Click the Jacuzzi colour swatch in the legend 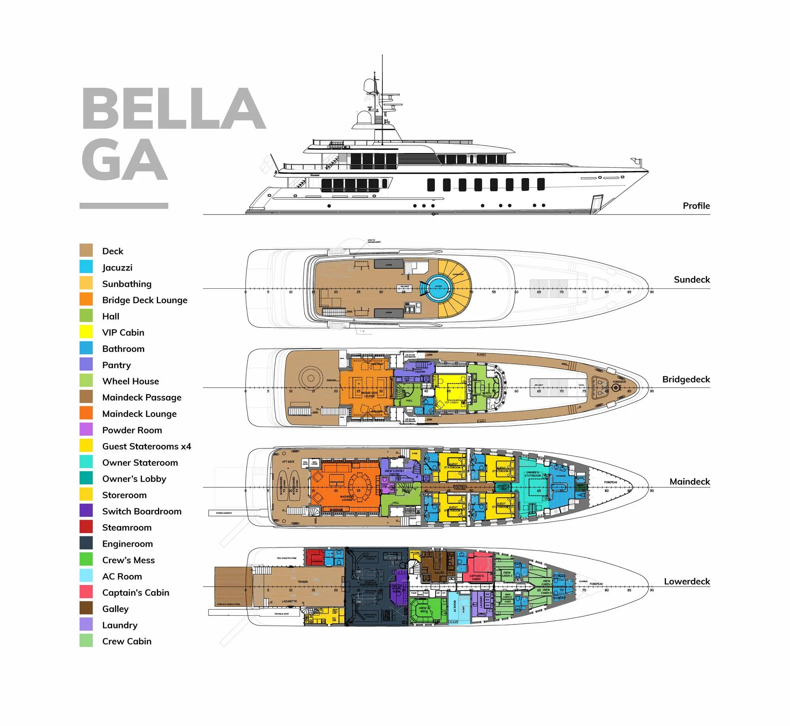click(x=86, y=267)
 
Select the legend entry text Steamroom click(x=126, y=527)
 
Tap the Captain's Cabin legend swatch click(x=86, y=592)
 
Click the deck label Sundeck click(x=692, y=280)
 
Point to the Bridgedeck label click(x=686, y=379)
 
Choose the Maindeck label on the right click(x=689, y=481)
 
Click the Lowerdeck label click(x=687, y=581)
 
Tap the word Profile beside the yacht click(x=696, y=206)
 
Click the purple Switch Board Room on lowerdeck click(x=398, y=589)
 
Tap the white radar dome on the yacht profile click(x=363, y=118)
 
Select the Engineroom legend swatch click(x=86, y=543)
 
